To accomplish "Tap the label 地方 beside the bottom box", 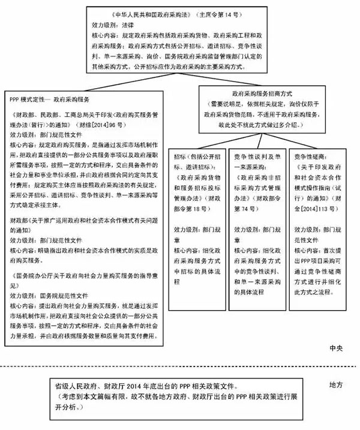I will pos(337,382).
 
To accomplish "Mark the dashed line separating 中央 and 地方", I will pos(180,364).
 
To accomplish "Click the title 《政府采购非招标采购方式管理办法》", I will pos(256,186).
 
